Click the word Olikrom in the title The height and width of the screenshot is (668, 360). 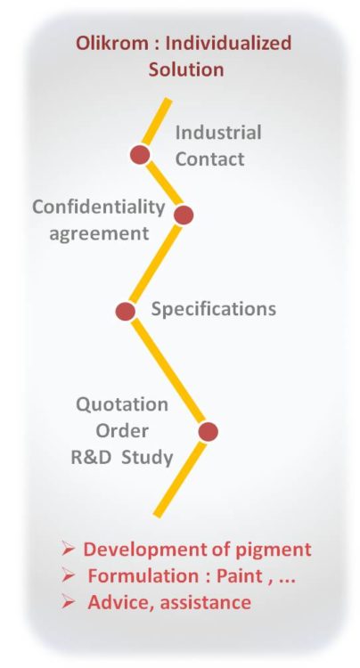click(112, 43)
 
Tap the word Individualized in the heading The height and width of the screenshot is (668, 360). click(228, 43)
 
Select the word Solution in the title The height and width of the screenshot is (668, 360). click(185, 69)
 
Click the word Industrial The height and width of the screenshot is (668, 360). click(218, 133)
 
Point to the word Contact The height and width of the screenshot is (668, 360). click(210, 159)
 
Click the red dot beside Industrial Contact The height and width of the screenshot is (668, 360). click(140, 154)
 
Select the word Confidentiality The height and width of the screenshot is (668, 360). click(98, 208)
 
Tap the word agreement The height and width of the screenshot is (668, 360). click(99, 234)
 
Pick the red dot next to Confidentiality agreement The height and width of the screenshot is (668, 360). click(184, 215)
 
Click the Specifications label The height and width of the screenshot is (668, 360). click(214, 308)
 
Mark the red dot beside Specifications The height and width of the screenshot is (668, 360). click(126, 311)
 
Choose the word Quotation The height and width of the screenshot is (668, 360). click(122, 404)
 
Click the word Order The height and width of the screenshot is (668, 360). click(122, 431)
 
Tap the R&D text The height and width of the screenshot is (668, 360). click(91, 457)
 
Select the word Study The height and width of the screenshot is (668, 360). click(147, 458)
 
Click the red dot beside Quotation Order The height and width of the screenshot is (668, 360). click(209, 432)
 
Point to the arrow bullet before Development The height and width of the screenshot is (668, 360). click(68, 549)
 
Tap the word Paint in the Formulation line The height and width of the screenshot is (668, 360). click(240, 576)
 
